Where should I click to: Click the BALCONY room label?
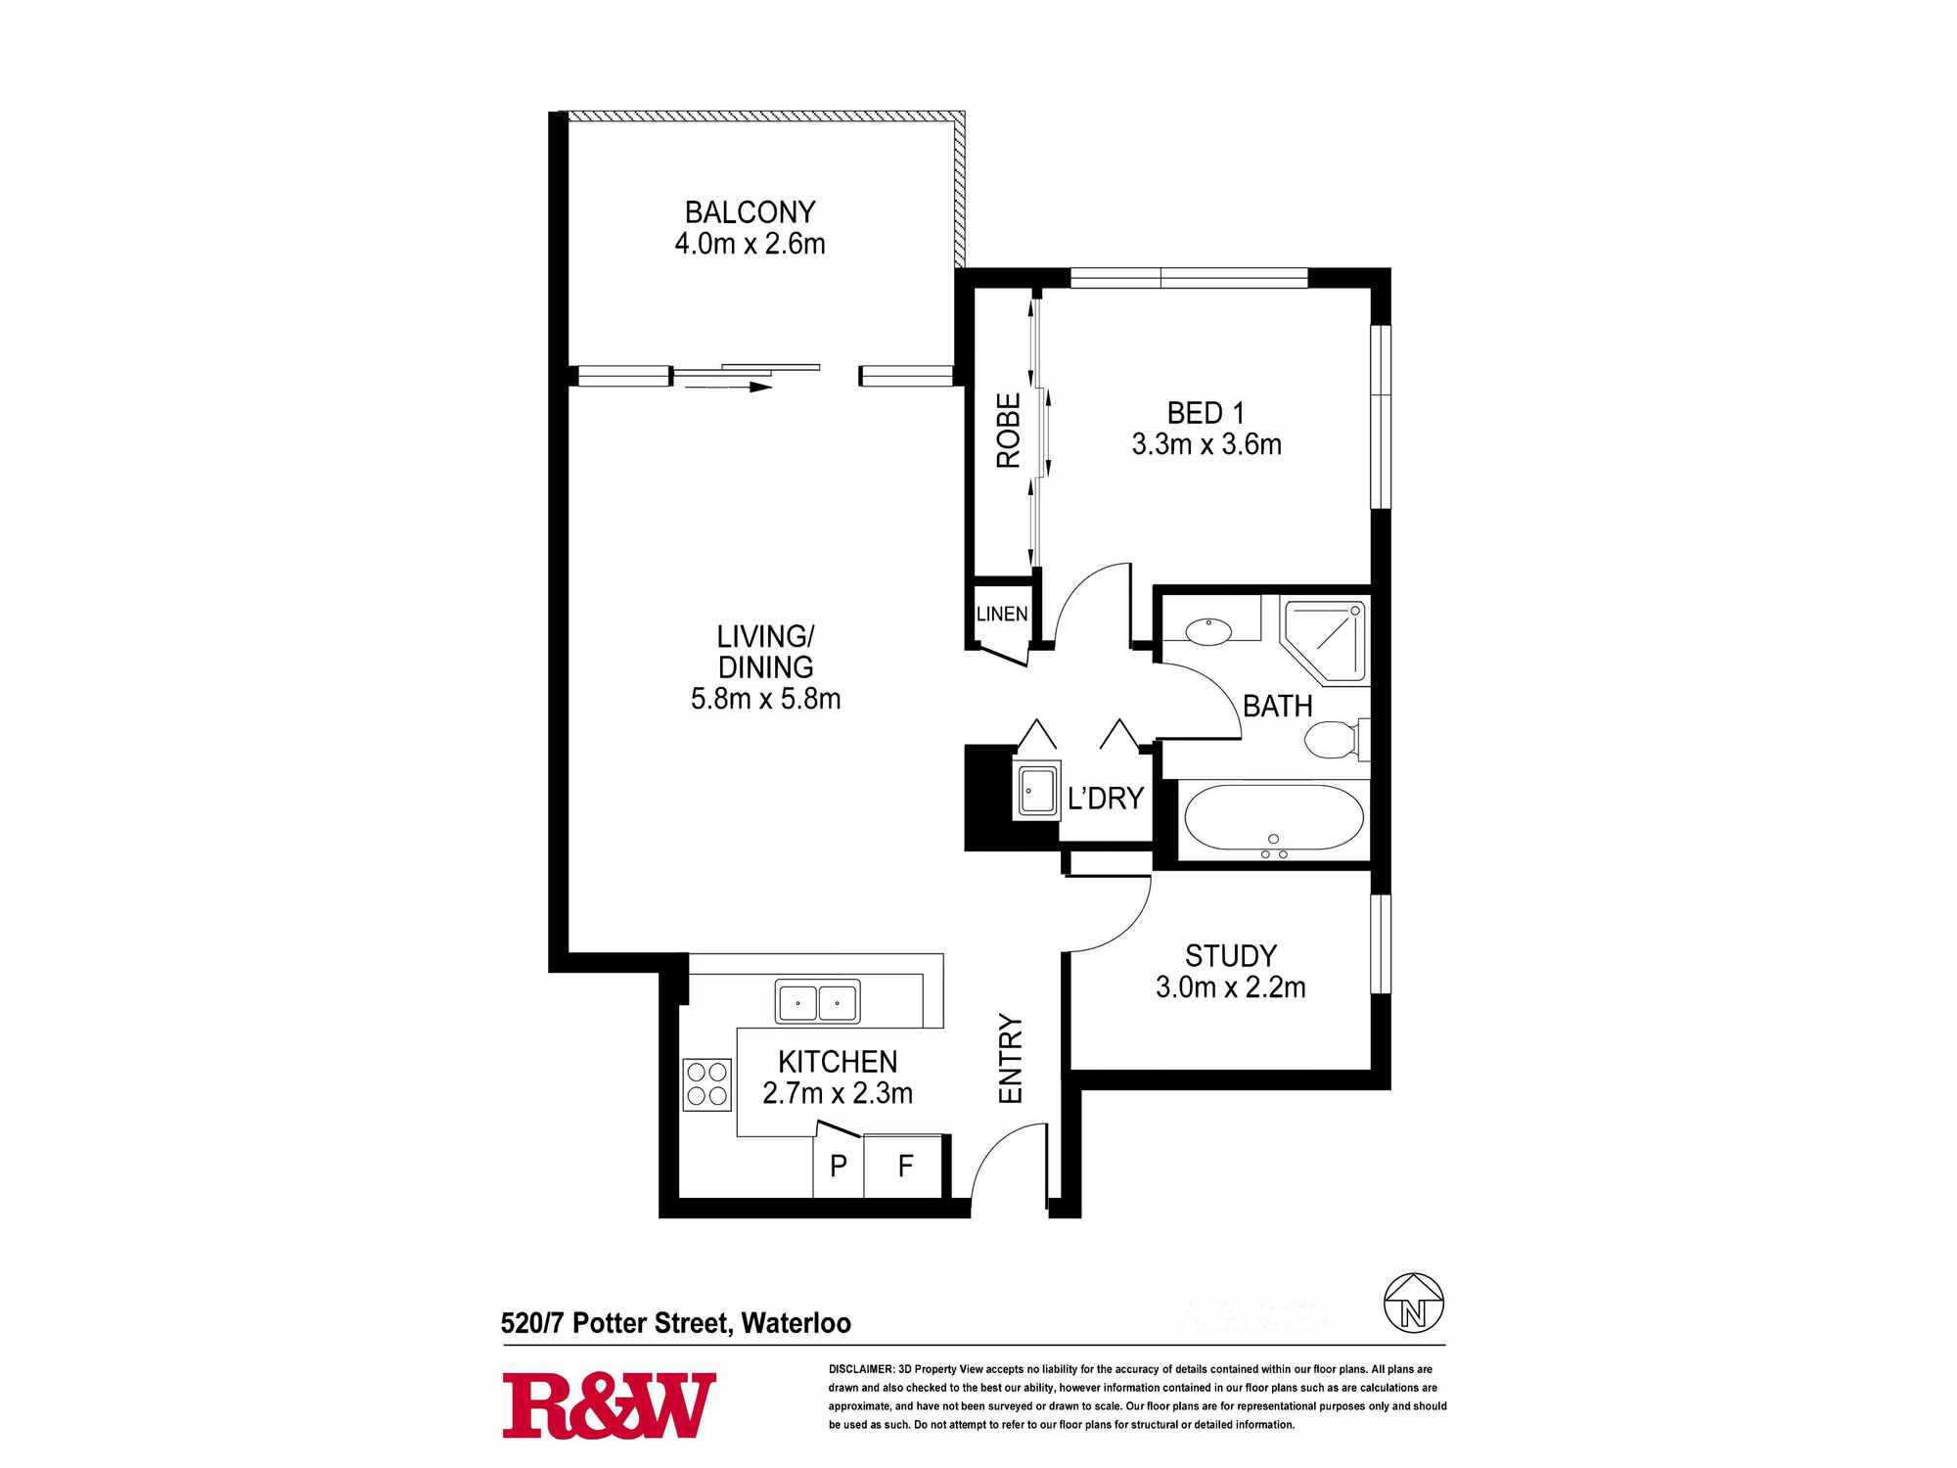pyautogui.click(x=750, y=212)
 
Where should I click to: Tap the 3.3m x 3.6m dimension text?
pyautogui.click(x=1206, y=445)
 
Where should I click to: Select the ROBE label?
pyautogui.click(x=1009, y=431)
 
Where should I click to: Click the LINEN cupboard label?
pyautogui.click(x=1002, y=614)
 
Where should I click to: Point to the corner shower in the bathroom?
pyautogui.click(x=1324, y=640)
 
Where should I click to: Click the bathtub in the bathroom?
pyautogui.click(x=1273, y=817)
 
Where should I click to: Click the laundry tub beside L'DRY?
pyautogui.click(x=1036, y=791)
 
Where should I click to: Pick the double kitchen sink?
pyautogui.click(x=817, y=1002)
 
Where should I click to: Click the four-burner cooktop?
pyautogui.click(x=706, y=1084)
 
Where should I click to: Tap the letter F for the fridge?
pyautogui.click(x=905, y=1166)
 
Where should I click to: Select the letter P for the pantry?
pyautogui.click(x=839, y=1166)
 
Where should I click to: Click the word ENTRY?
pyautogui.click(x=1010, y=1059)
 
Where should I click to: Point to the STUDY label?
pyautogui.click(x=1230, y=955)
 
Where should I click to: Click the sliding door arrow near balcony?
pyautogui.click(x=728, y=388)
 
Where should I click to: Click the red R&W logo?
pyautogui.click(x=609, y=1405)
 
